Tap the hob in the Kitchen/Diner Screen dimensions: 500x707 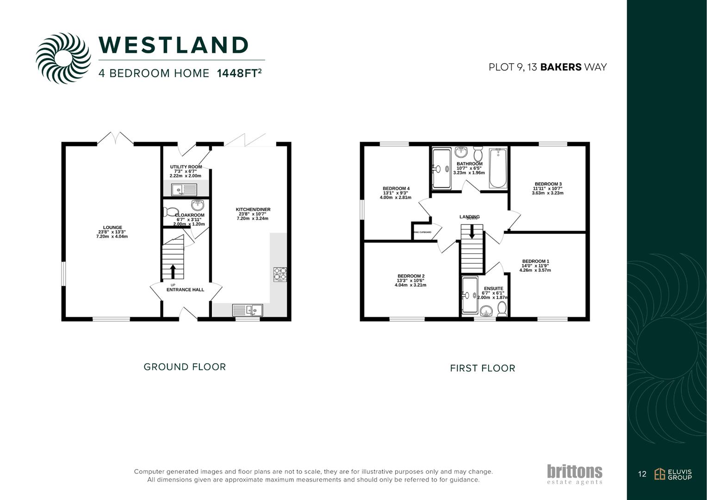279,274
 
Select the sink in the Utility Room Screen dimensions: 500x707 184,189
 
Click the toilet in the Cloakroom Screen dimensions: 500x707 171,212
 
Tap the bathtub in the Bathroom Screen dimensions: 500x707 498,168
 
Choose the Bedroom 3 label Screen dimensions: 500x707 548,184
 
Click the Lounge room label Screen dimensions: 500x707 112,228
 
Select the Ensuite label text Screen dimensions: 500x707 493,288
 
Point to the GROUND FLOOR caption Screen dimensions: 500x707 185,367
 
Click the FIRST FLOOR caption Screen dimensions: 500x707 482,369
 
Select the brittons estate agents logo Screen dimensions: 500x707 575,474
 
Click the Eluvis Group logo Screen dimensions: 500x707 673,474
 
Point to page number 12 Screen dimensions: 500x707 642,474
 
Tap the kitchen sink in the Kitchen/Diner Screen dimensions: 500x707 247,310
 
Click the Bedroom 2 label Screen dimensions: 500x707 410,276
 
